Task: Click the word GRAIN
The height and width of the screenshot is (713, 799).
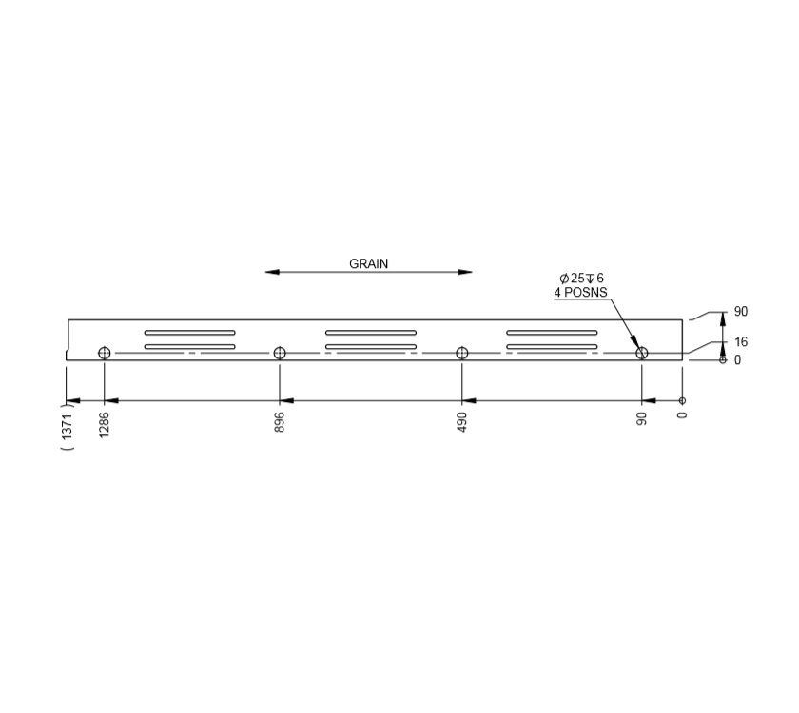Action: point(368,263)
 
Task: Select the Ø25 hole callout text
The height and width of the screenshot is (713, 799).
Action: point(581,278)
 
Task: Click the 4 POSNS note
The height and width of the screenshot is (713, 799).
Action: point(580,293)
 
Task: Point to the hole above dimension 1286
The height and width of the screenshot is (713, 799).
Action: point(105,353)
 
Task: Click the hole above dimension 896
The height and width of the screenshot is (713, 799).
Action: point(280,353)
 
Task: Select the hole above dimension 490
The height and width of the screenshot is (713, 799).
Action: point(462,353)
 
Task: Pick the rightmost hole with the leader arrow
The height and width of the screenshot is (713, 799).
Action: point(642,353)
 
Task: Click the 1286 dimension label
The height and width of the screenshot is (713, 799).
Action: point(104,425)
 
